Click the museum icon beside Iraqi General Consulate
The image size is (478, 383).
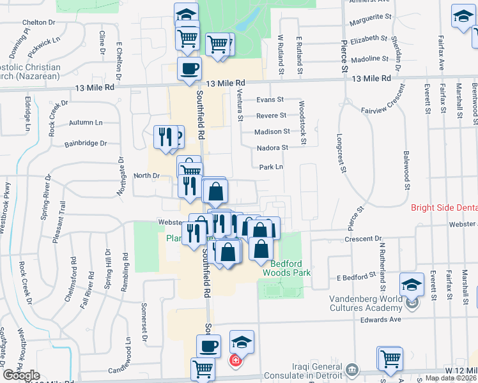coord(351,370)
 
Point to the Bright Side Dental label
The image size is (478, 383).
coord(443,208)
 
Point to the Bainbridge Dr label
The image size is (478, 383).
coord(86,144)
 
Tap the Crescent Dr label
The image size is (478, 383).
coord(361,239)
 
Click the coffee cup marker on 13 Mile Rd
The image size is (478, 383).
coord(189,70)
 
